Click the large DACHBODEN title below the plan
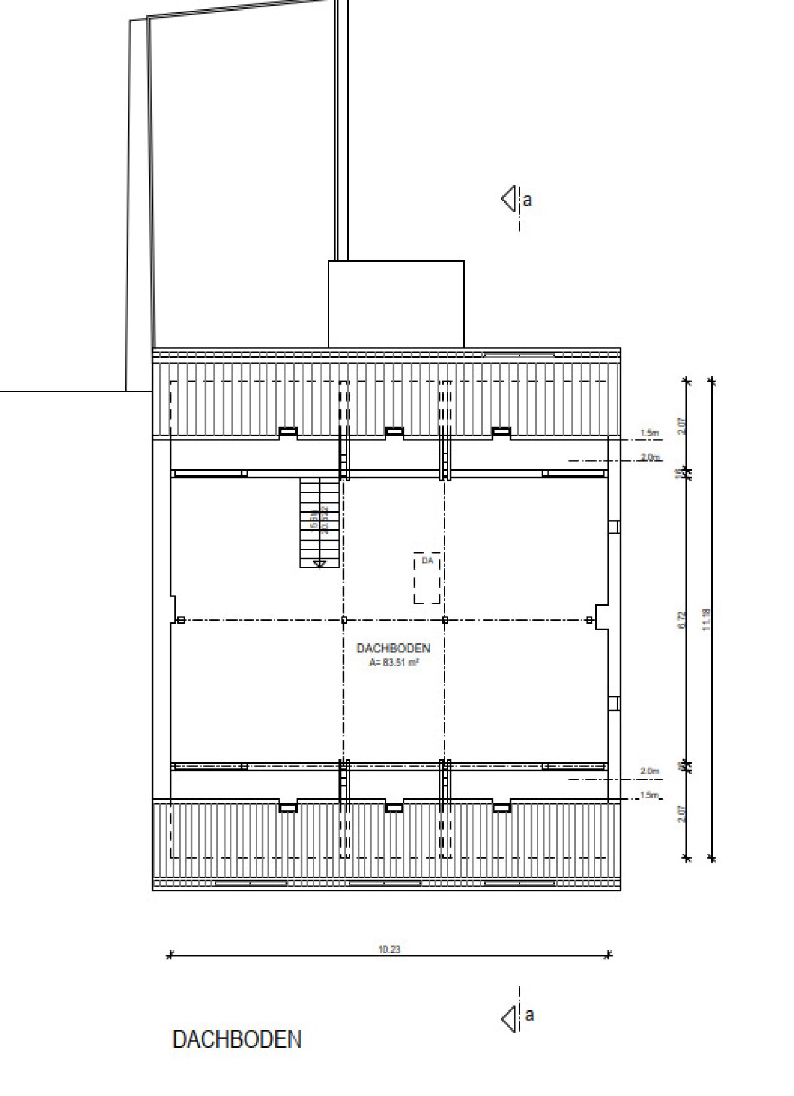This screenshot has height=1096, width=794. (x=237, y=1040)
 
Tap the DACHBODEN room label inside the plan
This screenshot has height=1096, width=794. (x=393, y=648)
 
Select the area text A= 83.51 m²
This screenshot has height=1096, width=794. (x=393, y=662)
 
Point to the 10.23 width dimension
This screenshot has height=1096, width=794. (x=389, y=949)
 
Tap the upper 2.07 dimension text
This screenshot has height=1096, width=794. (x=682, y=426)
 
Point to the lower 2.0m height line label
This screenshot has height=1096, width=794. (x=649, y=772)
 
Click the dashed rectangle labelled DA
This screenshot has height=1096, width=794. (x=427, y=578)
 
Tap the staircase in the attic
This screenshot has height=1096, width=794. (x=320, y=522)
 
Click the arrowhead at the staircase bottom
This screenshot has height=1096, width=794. (x=320, y=563)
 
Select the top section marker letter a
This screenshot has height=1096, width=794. (x=527, y=201)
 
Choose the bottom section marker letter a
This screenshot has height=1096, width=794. (x=529, y=1015)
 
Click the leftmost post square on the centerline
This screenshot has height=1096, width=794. (x=181, y=620)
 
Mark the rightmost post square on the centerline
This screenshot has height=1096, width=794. (x=589, y=620)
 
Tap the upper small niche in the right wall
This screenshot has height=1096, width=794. (x=614, y=526)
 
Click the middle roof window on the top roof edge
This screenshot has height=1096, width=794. (x=394, y=432)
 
